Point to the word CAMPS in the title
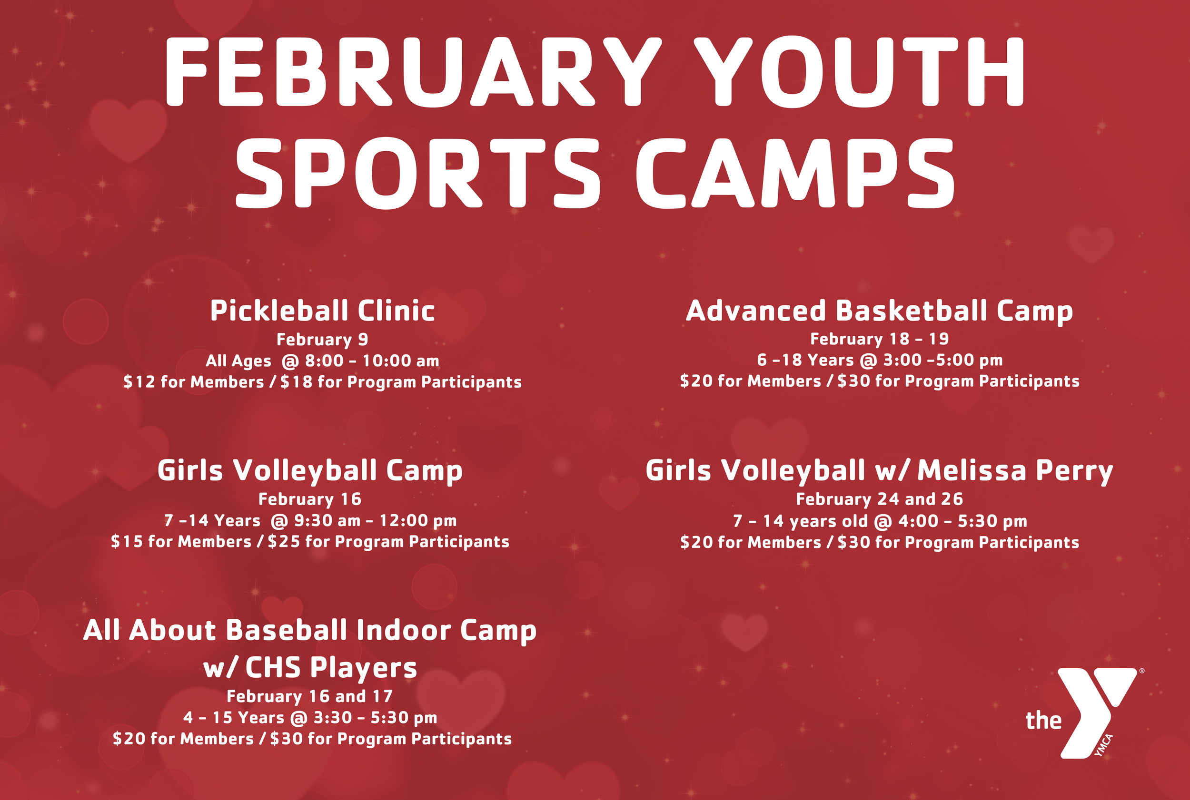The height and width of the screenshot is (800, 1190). click(794, 174)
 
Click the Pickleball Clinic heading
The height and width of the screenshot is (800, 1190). click(322, 311)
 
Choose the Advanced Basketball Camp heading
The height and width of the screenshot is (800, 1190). click(879, 311)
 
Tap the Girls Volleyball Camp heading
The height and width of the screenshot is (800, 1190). click(310, 470)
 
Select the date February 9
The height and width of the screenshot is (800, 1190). click(322, 339)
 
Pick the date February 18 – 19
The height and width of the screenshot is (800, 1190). click(879, 339)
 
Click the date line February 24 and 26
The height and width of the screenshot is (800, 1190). click(879, 498)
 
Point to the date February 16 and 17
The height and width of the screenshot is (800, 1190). click(310, 696)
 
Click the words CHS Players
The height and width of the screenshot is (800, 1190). click(331, 667)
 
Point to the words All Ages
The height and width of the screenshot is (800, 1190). click(238, 361)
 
